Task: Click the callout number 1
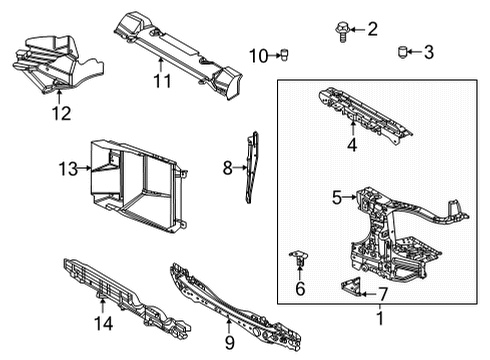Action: (x=380, y=319)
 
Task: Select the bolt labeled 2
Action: (x=340, y=31)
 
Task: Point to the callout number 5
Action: (x=337, y=198)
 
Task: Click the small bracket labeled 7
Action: (x=349, y=288)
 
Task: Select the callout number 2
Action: (x=372, y=29)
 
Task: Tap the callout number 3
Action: (x=428, y=52)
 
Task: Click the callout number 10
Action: (x=259, y=55)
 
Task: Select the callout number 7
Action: (x=381, y=294)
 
